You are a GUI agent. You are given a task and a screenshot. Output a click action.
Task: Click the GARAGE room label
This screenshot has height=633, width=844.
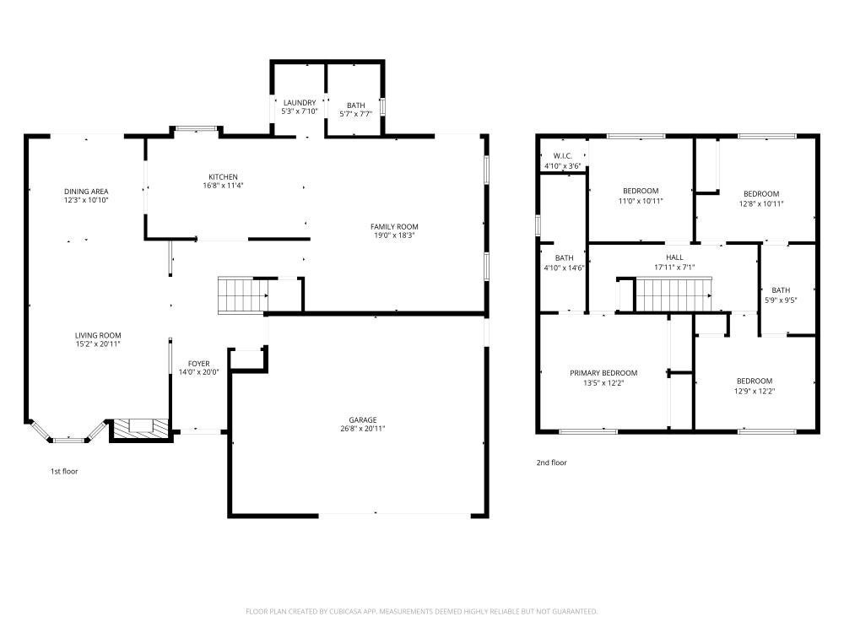coord(363,419)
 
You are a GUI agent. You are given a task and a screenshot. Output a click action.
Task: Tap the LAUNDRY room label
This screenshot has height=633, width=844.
coord(299,102)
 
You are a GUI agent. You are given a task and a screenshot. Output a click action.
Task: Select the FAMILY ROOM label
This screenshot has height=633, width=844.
coord(394,226)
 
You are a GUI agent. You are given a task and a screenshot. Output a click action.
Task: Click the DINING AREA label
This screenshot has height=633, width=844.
coord(86,192)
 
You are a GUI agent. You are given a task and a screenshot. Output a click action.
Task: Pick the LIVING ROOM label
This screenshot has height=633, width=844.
coord(98,335)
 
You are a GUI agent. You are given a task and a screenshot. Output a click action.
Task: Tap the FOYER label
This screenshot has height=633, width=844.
coord(198,364)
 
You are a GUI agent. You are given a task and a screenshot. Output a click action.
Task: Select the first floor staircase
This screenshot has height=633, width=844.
coord(243,295)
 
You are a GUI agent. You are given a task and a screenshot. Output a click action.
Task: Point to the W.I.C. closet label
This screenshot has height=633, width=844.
coord(563,156)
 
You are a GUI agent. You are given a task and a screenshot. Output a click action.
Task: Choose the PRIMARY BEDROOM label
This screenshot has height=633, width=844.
coord(603,372)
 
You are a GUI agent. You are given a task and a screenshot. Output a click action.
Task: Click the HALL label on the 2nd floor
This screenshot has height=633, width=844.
coord(674,257)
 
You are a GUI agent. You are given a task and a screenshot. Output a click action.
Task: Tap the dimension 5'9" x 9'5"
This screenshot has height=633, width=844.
coord(781,300)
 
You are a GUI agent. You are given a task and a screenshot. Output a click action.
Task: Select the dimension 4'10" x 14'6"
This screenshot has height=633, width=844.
coord(564,268)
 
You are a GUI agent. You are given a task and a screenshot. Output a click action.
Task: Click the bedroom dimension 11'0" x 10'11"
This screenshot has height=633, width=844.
coord(641,201)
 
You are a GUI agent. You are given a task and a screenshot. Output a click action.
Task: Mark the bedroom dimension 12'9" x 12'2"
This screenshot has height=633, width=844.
coord(754,391)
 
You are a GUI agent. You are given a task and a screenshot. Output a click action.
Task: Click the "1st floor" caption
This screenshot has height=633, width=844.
coord(64,471)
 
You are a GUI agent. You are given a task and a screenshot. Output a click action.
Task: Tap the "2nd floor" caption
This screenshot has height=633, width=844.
coord(551,463)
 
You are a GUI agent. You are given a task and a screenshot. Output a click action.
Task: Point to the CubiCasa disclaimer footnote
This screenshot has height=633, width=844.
coord(421,611)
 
